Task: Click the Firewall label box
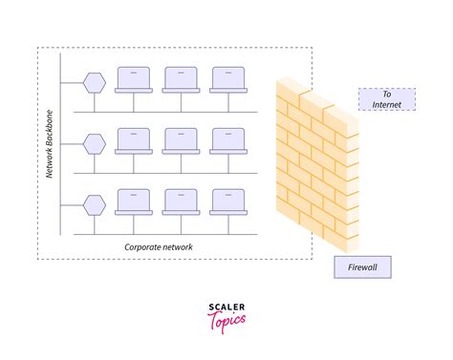363,266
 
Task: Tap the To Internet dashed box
387,100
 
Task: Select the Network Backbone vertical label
50,142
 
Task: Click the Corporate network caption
159,246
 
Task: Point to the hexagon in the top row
94,81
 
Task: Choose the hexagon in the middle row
94,143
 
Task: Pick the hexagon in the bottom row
94,204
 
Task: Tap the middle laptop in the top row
180,79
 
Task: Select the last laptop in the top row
227,79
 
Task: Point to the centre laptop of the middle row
180,141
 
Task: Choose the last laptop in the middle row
227,141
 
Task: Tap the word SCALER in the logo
226,307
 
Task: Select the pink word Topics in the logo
226,320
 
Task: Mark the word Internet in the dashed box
387,105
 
